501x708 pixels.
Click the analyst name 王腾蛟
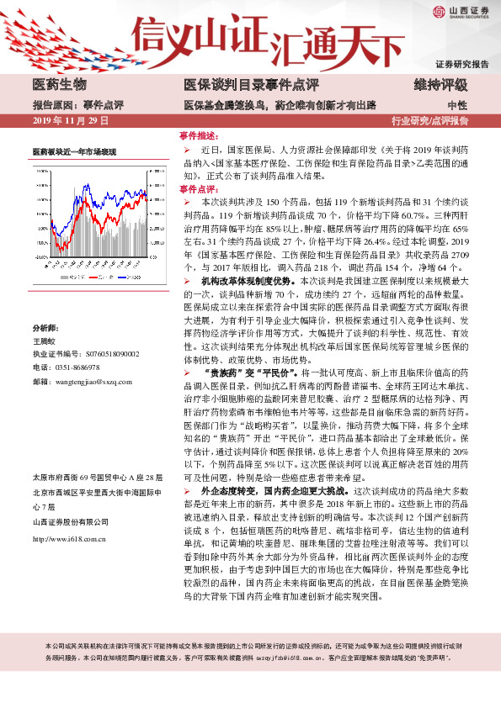click(x=44, y=319)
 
